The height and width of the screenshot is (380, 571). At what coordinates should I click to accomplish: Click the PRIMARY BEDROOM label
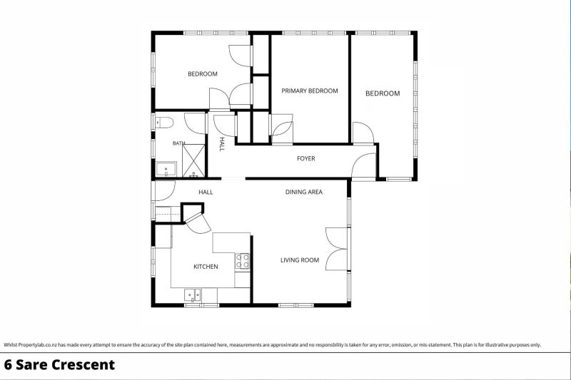coord(310,91)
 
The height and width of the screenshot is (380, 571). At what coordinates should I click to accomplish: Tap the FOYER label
coord(306,158)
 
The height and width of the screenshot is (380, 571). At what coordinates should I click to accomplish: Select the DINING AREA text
coord(304,192)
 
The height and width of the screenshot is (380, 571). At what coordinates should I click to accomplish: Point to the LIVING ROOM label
coord(300,260)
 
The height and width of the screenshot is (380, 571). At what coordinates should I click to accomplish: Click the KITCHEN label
coord(206,267)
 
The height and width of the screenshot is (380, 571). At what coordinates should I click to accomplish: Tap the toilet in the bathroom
coord(164,123)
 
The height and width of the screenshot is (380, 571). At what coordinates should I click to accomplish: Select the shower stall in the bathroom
coord(193,160)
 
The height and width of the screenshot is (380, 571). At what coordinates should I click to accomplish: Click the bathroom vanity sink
coord(166,170)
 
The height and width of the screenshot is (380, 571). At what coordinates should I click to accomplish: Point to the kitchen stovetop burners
coord(242,261)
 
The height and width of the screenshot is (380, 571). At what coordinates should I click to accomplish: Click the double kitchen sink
coord(193,294)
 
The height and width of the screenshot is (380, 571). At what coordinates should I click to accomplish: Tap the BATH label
coord(179,143)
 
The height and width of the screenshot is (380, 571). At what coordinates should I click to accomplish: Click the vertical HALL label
coord(222,144)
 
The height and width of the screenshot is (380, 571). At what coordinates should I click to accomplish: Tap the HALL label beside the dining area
coord(206,192)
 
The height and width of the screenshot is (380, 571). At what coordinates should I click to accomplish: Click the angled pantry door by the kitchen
coord(198,222)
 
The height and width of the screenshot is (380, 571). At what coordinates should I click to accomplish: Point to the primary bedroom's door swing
coord(283,130)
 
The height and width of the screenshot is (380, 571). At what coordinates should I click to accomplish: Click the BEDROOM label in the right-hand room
coord(383,93)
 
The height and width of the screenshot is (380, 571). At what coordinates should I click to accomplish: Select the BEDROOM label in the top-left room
coord(203,74)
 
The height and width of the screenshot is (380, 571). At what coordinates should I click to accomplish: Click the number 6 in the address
coord(8,365)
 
